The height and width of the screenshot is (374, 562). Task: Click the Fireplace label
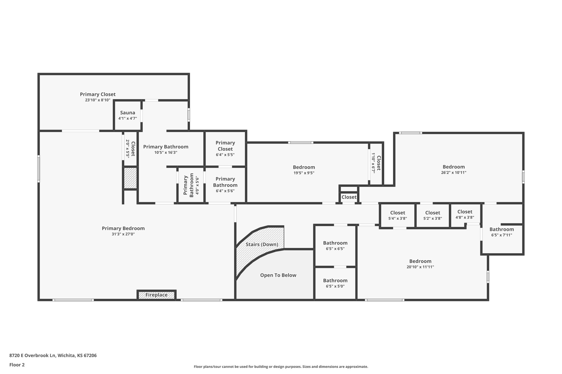(156, 295)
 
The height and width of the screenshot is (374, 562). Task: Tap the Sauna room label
(128, 113)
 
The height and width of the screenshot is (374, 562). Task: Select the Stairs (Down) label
(262, 244)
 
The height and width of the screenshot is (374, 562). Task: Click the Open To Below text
(278, 275)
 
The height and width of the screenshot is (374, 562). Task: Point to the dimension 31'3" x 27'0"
(123, 234)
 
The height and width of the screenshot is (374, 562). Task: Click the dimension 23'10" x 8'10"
(98, 100)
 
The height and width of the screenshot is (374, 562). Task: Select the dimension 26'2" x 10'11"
(454, 173)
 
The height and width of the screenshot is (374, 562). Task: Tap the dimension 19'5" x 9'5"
(304, 173)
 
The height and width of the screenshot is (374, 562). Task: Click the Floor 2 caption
(17, 365)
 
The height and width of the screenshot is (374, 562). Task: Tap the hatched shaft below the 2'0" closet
(130, 178)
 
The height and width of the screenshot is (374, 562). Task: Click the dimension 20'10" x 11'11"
(420, 267)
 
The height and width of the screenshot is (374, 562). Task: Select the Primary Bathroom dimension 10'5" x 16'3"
(166, 153)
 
